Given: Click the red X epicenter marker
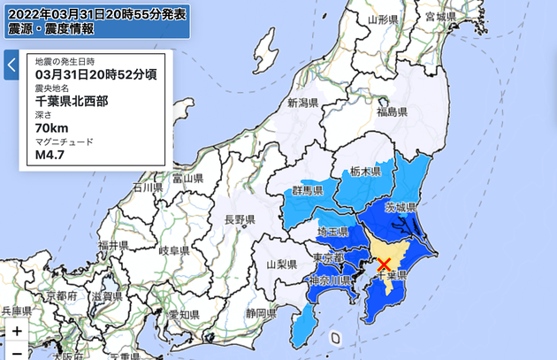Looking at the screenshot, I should point(385,264).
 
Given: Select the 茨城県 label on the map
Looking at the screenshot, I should point(401,207).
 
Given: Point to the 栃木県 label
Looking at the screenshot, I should point(364,172).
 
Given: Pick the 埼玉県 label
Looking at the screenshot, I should point(332,231).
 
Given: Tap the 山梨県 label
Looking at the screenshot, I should point(284,264).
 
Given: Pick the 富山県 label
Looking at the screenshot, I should point(187,179).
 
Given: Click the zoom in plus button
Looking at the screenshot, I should point(17,331).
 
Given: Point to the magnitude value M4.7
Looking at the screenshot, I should point(51,155).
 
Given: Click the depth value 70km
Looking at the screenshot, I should point(51,128).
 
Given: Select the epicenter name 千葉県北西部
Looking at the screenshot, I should point(72,102).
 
